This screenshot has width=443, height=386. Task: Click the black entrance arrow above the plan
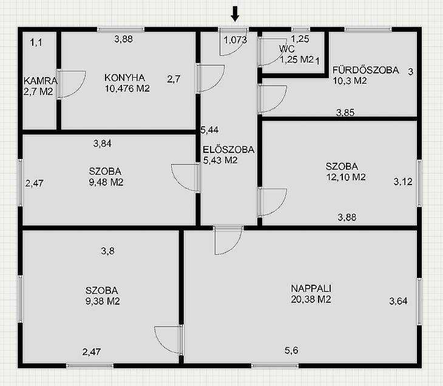(235, 14)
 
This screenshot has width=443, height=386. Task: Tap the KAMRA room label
(41, 81)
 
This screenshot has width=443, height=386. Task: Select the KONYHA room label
(124, 78)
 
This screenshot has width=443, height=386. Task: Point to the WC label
(287, 49)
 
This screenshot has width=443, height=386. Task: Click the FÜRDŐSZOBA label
(365, 70)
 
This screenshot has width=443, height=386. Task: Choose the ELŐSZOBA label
(229, 149)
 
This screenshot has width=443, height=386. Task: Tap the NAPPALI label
(311, 288)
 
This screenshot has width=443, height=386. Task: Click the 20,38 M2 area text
(311, 299)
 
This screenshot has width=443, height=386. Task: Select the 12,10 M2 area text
(346, 177)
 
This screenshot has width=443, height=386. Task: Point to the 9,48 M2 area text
(106, 182)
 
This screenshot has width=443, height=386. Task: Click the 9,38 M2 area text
(103, 301)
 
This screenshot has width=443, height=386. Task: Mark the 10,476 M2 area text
(127, 89)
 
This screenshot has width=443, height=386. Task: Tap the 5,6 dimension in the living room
(291, 350)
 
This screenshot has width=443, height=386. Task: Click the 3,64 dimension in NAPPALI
(398, 301)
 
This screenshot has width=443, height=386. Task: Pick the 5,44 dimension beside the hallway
(209, 130)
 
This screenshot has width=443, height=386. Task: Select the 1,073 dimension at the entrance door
(235, 40)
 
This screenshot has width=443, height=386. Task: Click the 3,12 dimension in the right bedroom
(403, 181)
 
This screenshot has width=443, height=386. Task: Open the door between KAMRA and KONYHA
(71, 84)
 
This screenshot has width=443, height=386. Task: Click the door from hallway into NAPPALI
(229, 240)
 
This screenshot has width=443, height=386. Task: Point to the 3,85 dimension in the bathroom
(345, 113)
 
